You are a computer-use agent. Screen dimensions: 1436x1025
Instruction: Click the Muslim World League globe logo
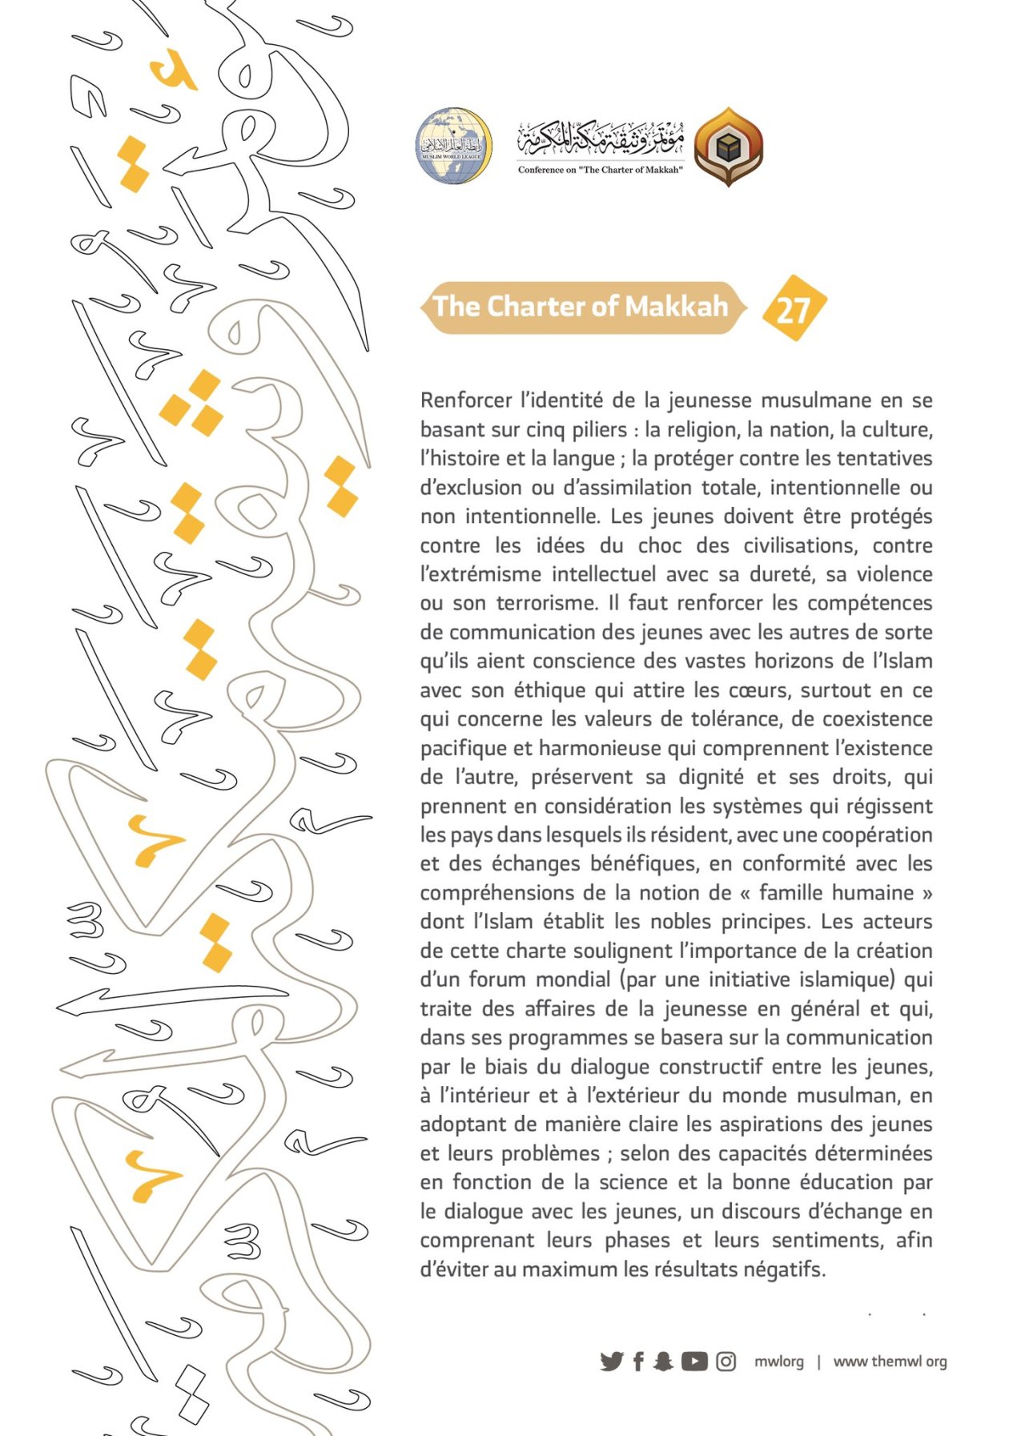click(453, 147)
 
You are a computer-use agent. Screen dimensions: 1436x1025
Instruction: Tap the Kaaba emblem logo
click(728, 147)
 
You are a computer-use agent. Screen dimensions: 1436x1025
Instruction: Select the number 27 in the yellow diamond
click(793, 309)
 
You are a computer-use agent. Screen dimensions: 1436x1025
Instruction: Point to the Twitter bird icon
click(611, 1361)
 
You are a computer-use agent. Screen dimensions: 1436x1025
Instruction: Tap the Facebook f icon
click(638, 1361)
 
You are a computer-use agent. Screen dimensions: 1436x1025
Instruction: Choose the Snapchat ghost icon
click(663, 1361)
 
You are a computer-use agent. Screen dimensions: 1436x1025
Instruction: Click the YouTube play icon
click(694, 1361)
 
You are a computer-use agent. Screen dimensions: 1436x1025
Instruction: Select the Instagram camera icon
click(726, 1361)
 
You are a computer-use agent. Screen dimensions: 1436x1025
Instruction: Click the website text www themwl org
click(890, 1362)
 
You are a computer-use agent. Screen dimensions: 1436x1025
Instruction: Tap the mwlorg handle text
click(778, 1362)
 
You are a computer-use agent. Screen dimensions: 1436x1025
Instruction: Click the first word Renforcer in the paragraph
click(465, 400)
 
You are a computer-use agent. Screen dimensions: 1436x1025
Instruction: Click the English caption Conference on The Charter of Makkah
click(600, 170)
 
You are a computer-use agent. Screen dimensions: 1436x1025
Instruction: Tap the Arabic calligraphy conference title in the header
click(601, 138)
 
